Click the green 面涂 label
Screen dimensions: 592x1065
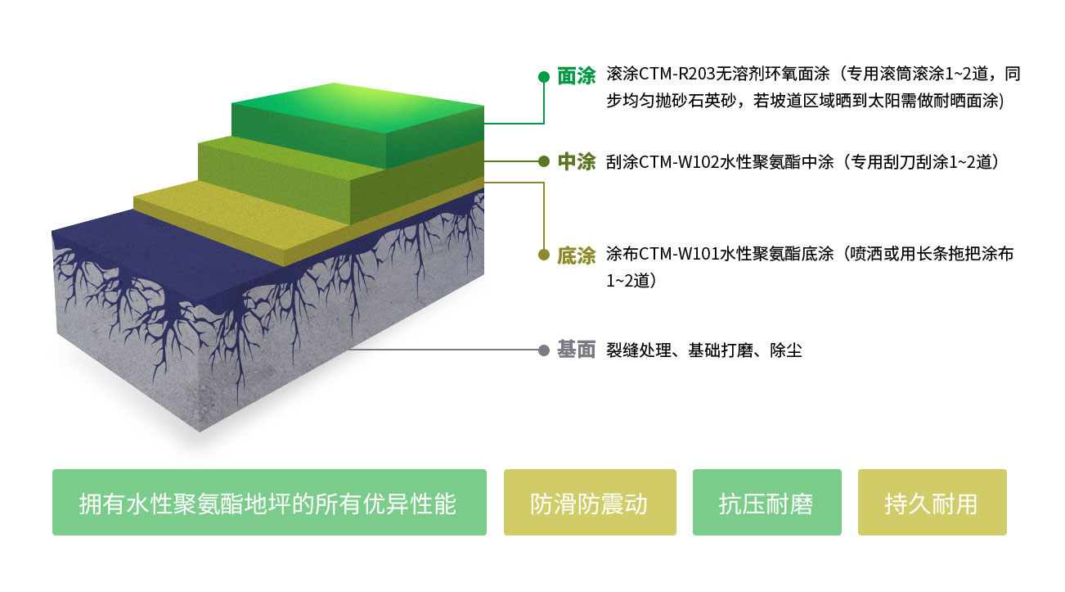click(576, 76)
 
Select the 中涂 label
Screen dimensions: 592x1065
click(576, 162)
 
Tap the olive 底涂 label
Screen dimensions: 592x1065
click(576, 255)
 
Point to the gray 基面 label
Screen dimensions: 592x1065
click(576, 350)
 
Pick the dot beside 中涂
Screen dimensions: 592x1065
click(543, 162)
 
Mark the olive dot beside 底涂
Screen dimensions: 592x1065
click(543, 255)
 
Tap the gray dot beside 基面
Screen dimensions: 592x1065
click(543, 350)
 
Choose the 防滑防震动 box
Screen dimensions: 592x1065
click(590, 503)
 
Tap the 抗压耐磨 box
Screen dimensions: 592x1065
click(766, 503)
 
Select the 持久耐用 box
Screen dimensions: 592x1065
click(932, 503)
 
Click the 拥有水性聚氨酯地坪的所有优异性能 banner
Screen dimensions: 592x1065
click(269, 503)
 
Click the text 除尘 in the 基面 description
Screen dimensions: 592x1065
click(786, 350)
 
